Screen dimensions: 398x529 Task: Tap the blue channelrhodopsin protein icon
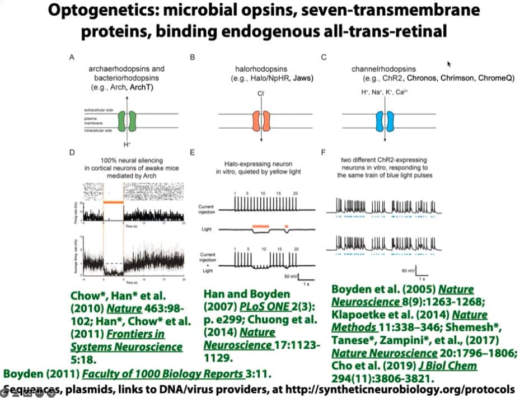click(385, 121)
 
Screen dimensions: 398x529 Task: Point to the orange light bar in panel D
click(114, 201)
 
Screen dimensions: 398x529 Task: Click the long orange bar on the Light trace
click(261, 226)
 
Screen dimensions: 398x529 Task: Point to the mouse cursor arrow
click(449, 64)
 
